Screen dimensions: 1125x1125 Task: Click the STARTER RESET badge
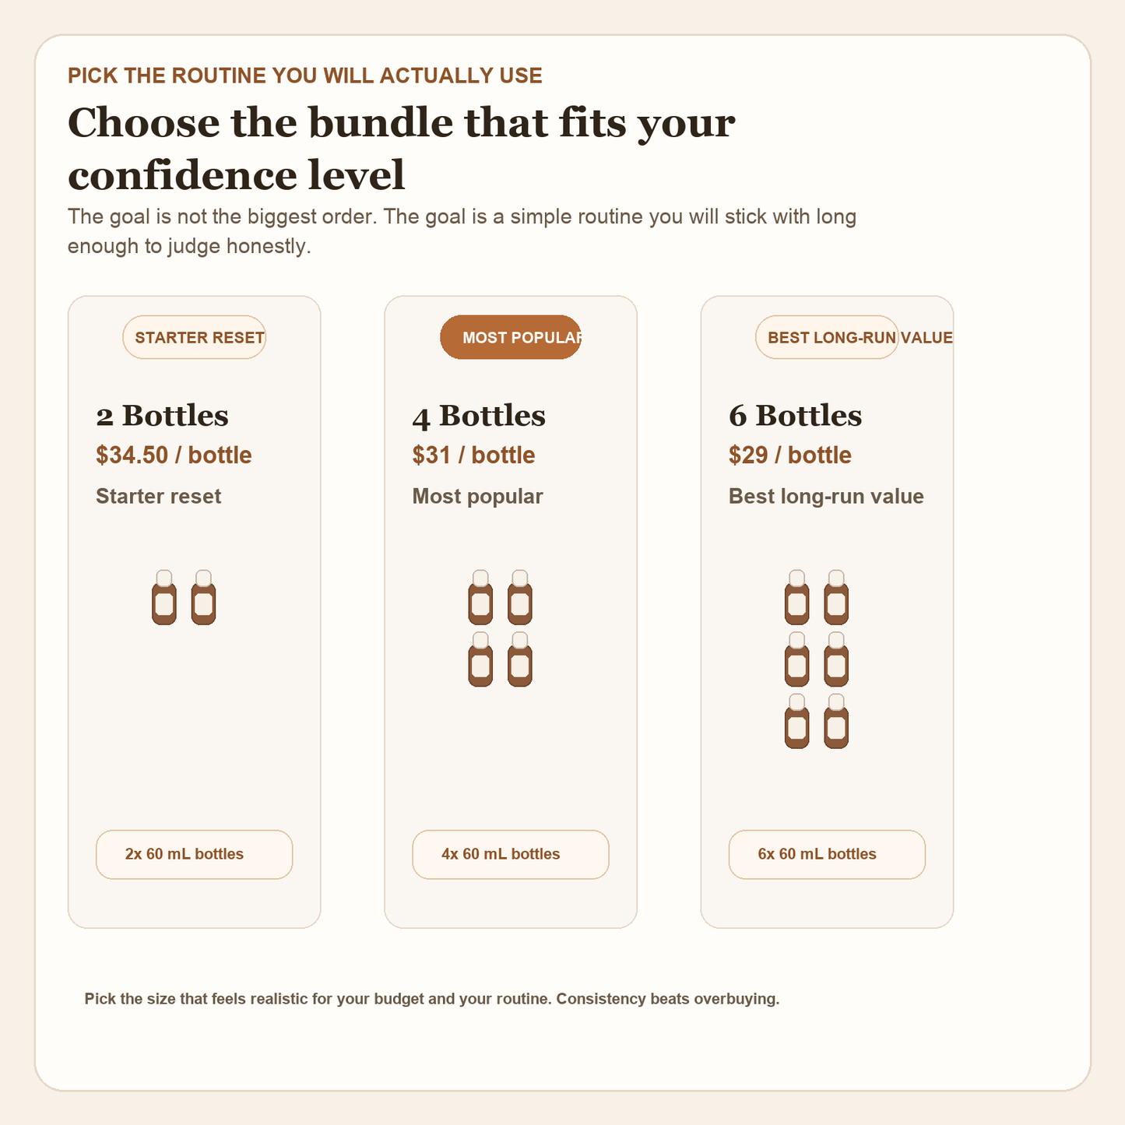click(x=195, y=337)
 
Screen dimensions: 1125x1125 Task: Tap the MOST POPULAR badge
click(x=511, y=337)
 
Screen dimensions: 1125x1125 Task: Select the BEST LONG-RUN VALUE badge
click(x=827, y=337)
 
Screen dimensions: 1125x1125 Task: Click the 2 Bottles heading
click(x=162, y=416)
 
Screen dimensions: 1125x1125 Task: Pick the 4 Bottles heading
click(x=479, y=416)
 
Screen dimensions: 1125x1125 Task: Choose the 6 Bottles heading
click(x=795, y=416)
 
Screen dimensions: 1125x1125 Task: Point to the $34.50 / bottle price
click(x=174, y=455)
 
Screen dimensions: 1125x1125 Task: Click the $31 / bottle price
click(x=473, y=455)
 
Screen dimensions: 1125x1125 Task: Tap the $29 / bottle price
click(x=789, y=455)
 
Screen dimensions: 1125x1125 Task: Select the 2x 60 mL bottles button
click(x=194, y=854)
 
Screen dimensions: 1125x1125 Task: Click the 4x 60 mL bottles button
click(x=510, y=854)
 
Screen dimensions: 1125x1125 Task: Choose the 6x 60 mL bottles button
click(x=827, y=854)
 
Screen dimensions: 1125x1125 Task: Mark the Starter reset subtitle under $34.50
click(x=158, y=496)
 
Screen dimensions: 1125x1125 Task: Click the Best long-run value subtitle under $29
click(x=825, y=496)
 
